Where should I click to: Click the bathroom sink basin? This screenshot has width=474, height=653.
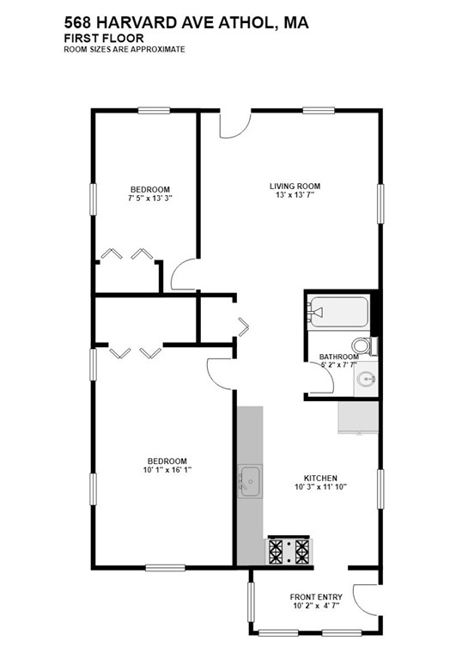[367, 378]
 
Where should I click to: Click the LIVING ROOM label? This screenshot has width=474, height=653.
[295, 186]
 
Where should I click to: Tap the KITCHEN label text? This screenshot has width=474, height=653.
[320, 478]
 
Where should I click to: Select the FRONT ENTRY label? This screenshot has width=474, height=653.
[316, 597]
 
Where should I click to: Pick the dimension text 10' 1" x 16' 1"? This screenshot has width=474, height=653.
[167, 470]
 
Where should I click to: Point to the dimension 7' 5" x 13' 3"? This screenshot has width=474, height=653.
[149, 198]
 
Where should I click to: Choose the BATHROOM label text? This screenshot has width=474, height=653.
[338, 357]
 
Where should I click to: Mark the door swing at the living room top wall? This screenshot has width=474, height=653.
[234, 125]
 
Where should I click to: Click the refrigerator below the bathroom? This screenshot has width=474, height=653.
[357, 416]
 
